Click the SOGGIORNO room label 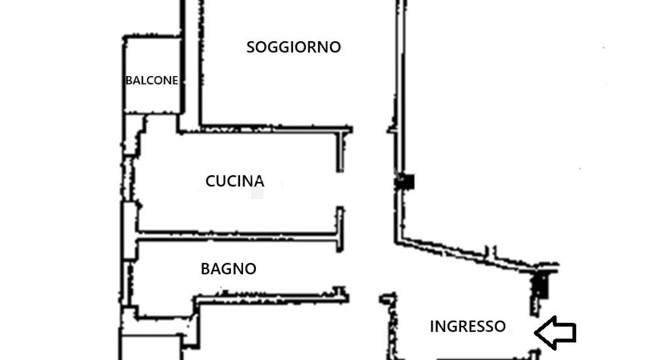pos(293,47)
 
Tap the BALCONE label pos(152,81)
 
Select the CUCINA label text pos(234,181)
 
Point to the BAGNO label pos(229,269)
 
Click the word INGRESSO pos(468,327)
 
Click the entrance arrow pos(555,333)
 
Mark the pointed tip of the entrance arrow pos(536,333)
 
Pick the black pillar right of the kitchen pos(404,182)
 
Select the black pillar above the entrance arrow pos(541,285)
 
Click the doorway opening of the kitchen pos(341,189)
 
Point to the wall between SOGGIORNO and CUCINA pos(265,130)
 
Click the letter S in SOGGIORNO pos(251,47)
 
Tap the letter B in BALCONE pos(129,81)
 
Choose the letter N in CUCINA pos(248,181)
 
